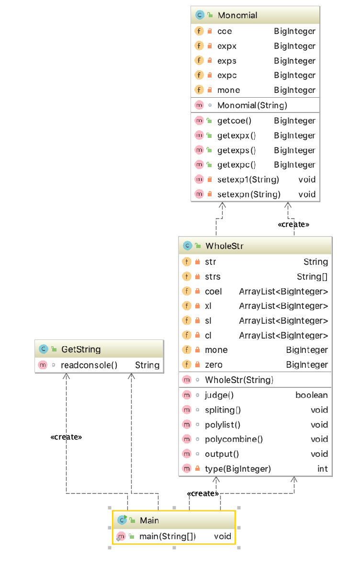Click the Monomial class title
coord(237,15)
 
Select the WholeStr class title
coord(224,246)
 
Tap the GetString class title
coord(81,349)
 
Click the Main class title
coord(149,520)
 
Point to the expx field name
coord(227,46)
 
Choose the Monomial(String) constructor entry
coord(252,105)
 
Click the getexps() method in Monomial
coord(236,150)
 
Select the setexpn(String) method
coord(248,194)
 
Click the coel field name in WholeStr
coord(213,292)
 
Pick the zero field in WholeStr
coord(214,365)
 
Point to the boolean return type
coord(312,395)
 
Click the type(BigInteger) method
coord(237,469)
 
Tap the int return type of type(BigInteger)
coord(323,469)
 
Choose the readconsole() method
coord(89,365)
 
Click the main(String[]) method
coord(168,536)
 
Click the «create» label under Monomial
coord(293,224)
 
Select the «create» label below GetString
coord(66,437)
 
